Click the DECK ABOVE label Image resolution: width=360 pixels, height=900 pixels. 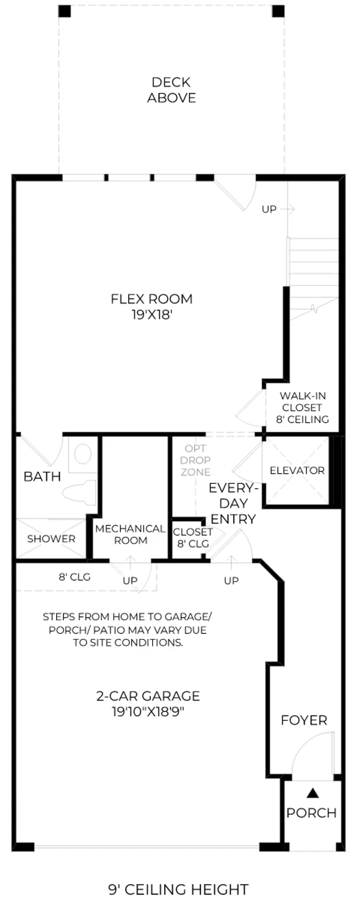point(172,90)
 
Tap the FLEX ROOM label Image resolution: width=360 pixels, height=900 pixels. point(152,299)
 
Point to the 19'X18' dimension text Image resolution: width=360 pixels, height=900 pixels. point(152,315)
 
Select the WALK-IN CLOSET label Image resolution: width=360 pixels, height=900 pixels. point(302,402)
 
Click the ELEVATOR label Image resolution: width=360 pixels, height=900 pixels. point(297,470)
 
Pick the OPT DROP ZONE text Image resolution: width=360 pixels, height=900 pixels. point(195,460)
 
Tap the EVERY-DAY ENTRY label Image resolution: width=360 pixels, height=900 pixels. point(233,503)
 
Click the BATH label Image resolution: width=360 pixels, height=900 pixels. point(42,476)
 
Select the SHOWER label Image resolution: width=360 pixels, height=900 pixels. point(51,539)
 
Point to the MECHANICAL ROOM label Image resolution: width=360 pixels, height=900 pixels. point(130,534)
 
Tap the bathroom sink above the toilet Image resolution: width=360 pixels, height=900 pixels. point(83,454)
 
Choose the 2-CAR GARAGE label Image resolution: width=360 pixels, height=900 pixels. point(148,696)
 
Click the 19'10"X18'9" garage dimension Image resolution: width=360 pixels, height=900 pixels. point(148,712)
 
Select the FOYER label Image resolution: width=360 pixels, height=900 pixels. point(304,720)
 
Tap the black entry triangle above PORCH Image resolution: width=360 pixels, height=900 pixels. point(313,793)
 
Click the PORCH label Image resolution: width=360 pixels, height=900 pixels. point(312,813)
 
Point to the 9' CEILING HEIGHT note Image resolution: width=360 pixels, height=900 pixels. point(179,878)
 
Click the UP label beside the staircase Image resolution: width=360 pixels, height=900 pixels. point(269,209)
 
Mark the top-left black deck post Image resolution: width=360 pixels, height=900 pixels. point(64,11)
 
